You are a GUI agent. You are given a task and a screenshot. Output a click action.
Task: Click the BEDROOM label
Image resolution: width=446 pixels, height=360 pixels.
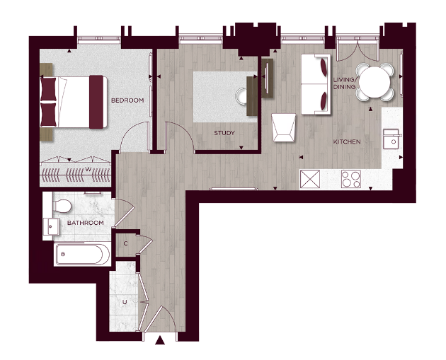pos(127,100)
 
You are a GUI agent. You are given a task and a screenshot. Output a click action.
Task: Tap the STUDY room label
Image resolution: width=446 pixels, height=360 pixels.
pos(224,132)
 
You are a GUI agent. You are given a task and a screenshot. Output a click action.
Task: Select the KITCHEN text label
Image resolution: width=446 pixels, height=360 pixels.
pos(347,142)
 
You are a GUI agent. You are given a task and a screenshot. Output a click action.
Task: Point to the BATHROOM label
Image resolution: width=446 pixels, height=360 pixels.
pos(85,223)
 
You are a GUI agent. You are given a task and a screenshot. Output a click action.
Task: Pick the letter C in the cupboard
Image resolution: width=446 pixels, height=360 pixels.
pos(125,243)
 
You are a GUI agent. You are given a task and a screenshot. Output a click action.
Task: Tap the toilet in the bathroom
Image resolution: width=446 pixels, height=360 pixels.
pos(63,207)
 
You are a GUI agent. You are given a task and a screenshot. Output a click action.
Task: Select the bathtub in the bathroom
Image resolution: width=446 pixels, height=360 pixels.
pos(82,254)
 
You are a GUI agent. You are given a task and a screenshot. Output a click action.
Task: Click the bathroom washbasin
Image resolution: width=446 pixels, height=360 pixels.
pos(51,226)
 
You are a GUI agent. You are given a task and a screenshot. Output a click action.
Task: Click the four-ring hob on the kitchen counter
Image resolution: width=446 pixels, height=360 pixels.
pos(351,180)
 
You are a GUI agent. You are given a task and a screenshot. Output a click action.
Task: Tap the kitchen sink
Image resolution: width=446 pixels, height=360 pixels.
pos(390,139)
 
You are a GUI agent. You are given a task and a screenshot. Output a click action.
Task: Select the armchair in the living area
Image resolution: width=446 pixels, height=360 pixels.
pos(284,127)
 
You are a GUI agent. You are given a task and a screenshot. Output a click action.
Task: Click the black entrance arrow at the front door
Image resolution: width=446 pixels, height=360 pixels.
pos(160,341)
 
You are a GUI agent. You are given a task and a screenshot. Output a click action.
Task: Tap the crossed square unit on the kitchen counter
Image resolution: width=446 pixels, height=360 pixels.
pos(311,180)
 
